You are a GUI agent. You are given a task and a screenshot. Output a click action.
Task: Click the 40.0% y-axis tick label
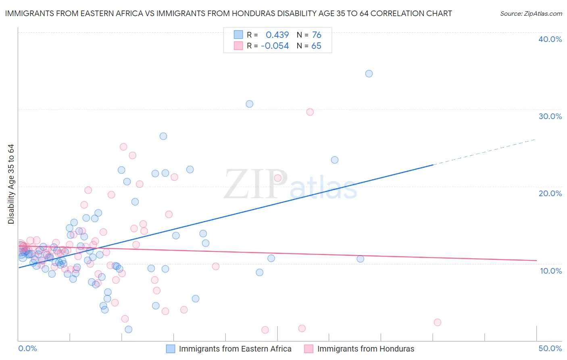click(550, 39)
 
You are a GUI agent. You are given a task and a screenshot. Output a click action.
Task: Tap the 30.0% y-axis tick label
click(550, 116)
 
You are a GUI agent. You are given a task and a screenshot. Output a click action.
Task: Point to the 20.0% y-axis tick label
click(550, 193)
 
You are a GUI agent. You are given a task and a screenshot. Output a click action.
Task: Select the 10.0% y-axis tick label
click(551, 271)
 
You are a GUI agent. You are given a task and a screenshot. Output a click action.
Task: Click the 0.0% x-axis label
click(27, 348)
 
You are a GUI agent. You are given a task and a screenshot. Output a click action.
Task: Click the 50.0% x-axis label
click(550, 348)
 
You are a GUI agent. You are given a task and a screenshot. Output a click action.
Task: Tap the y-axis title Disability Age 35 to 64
click(11, 184)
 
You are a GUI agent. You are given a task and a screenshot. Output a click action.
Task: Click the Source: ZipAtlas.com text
click(531, 14)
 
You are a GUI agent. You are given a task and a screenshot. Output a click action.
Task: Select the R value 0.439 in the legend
click(277, 35)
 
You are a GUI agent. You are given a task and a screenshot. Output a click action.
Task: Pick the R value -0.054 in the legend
click(275, 46)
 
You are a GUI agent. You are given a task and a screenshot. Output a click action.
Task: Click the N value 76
click(317, 35)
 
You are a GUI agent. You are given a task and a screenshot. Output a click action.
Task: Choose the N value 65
click(317, 46)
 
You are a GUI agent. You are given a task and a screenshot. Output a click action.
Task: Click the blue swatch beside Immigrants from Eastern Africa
click(171, 349)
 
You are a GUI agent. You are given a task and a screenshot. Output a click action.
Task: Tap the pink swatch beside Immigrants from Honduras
click(309, 349)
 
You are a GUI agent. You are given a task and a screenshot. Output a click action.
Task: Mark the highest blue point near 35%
click(369, 73)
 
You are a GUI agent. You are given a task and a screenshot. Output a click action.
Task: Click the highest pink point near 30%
click(310, 112)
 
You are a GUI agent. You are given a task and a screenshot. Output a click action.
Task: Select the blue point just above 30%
click(249, 104)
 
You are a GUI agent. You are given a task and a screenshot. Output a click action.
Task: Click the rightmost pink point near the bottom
click(437, 322)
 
